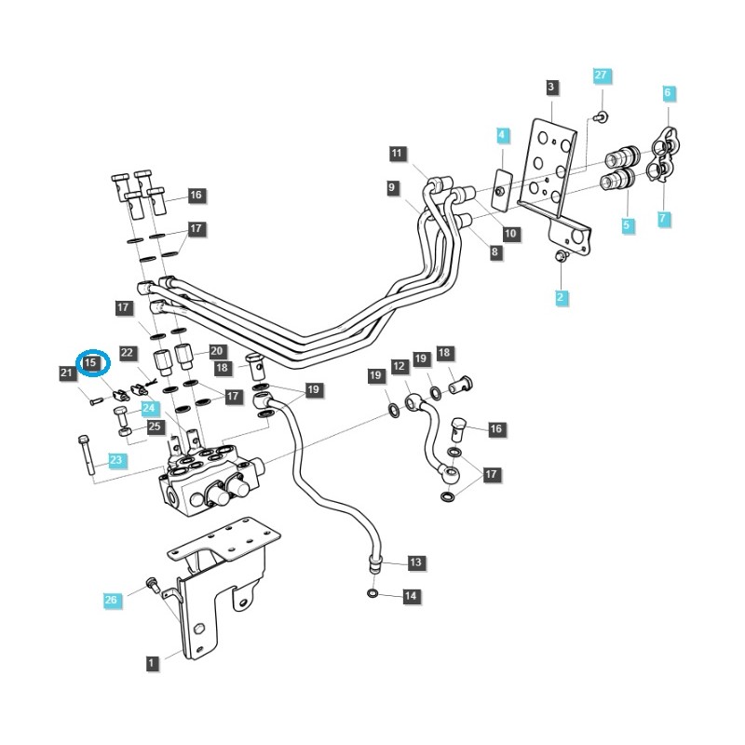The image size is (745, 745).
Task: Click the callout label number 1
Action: coord(151,663)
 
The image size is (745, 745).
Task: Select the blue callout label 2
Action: coord(561,298)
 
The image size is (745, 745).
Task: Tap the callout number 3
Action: coord(551,88)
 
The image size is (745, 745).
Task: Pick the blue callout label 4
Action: coord(502,136)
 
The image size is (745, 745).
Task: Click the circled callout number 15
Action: coord(92,361)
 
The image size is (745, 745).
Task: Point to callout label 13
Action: coord(415,562)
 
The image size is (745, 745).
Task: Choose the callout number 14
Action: coord(411,595)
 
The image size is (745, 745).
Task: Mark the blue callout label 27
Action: coord(601,74)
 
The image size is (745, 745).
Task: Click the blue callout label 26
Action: coord(111,601)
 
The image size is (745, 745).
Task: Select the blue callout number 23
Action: coord(115,460)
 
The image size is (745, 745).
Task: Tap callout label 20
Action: coord(217,351)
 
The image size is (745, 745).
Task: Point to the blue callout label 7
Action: coord(664,219)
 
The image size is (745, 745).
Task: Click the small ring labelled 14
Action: coord(372,593)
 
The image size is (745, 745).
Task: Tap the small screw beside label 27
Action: coord(601,116)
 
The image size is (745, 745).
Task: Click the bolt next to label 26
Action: coord(147,583)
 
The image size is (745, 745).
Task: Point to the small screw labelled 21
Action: coord(95,401)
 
